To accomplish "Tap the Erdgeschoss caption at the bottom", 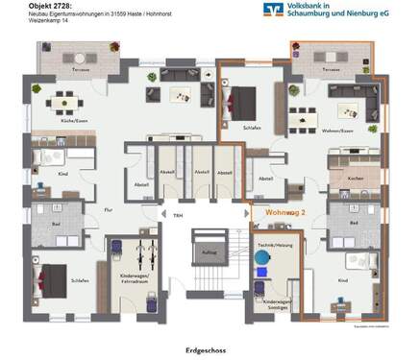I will (209, 349).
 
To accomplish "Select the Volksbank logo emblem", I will (273, 11).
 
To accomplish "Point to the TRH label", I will (178, 216).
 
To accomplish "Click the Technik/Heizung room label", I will (272, 246).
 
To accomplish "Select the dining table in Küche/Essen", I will (64, 100).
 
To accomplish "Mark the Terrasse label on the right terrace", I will (333, 70).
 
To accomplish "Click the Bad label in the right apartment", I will (353, 223).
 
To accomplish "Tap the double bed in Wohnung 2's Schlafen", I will (242, 100).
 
